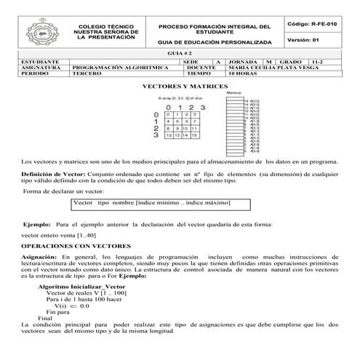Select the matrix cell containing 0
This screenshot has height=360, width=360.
(169, 115)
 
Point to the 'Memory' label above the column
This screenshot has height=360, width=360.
(234, 94)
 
